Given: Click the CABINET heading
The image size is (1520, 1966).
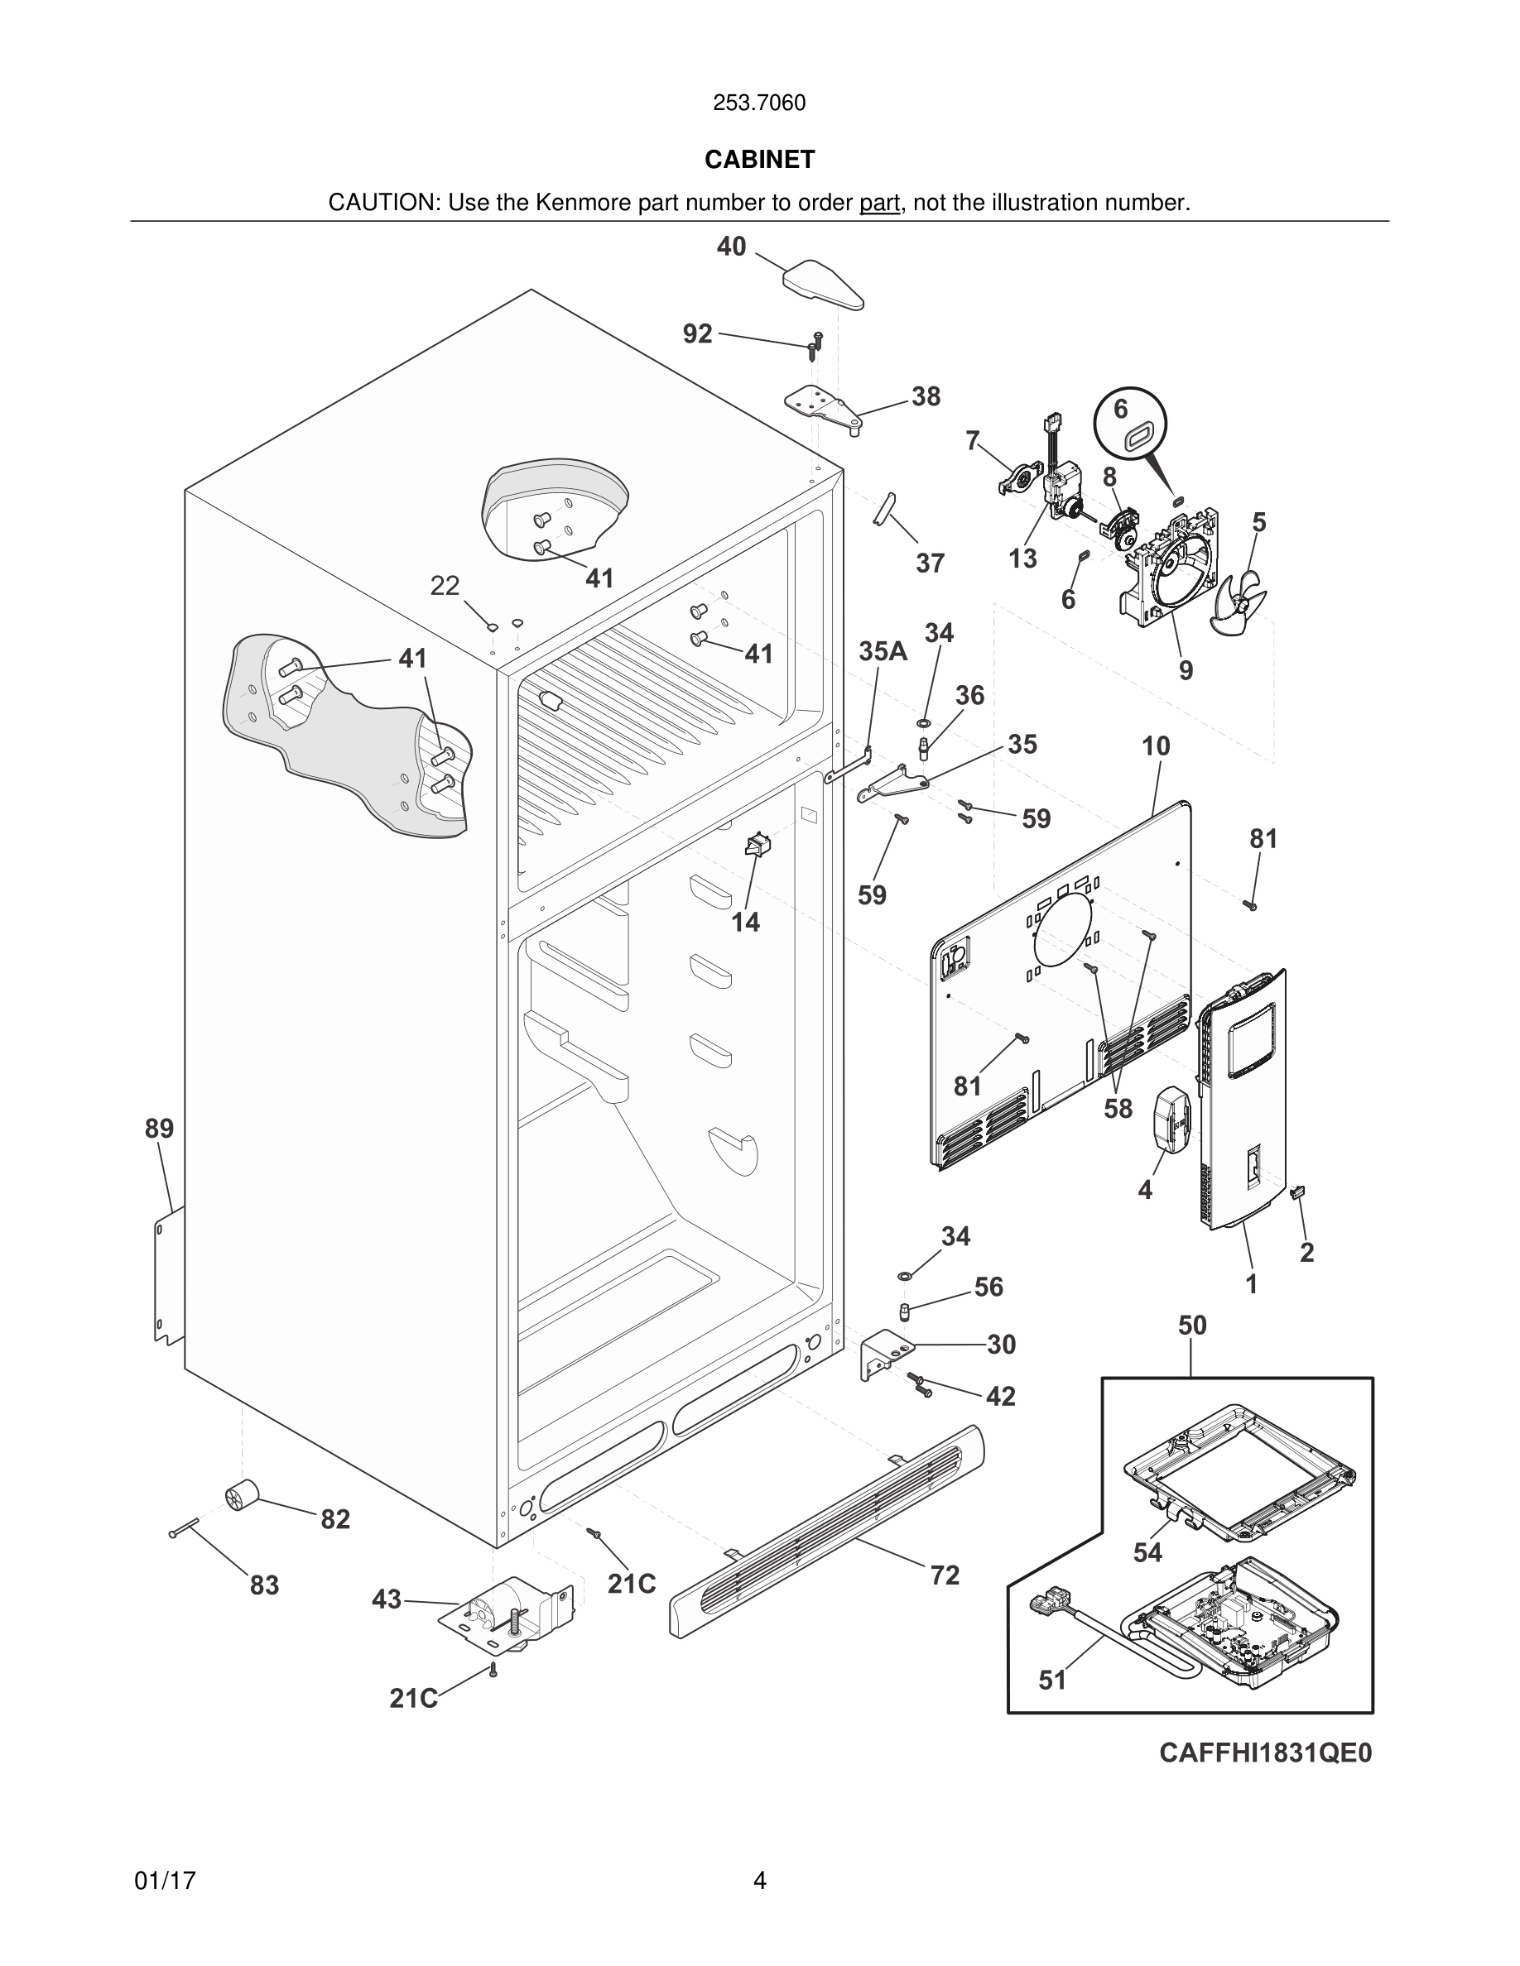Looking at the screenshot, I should coord(759,160).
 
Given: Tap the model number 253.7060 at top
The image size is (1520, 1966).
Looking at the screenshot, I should coord(759,103).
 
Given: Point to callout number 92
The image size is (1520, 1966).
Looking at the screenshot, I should coord(697,334).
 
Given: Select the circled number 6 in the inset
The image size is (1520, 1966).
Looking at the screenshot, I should coord(1120,409).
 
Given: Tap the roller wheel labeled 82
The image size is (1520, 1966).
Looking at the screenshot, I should coord(240,1496).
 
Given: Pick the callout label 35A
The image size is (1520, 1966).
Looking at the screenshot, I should coord(883,651).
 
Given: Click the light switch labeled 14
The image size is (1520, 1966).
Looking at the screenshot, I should coord(757,846).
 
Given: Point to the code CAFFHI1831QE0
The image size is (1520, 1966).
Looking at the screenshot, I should coord(1265,1753).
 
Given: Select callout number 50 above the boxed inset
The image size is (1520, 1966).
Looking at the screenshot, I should coord(1191,1325).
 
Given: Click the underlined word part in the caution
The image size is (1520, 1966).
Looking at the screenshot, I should coord(879,204).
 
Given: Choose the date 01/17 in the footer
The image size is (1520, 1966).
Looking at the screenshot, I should coord(165,1882).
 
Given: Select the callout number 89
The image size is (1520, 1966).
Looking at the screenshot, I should coord(160,1128).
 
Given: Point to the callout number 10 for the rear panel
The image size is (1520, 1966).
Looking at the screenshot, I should coord(1155,746).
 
